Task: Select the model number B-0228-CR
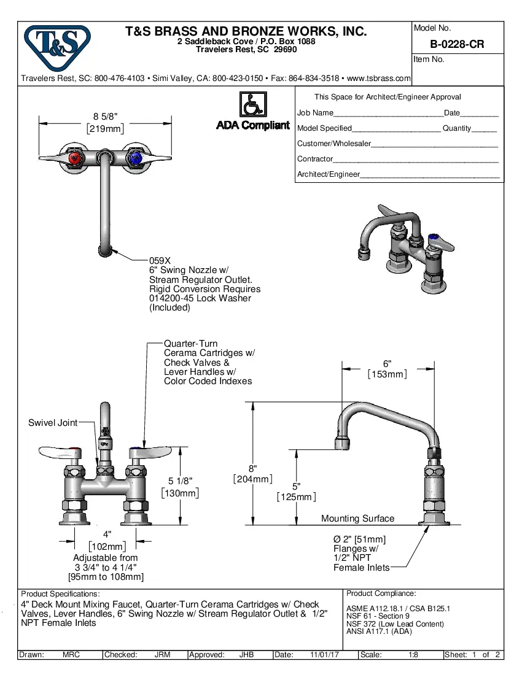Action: click(456, 45)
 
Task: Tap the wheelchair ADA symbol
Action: click(252, 104)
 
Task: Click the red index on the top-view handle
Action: click(75, 160)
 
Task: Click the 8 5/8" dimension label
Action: click(105, 116)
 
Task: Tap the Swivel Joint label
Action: click(53, 423)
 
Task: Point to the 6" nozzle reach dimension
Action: click(388, 363)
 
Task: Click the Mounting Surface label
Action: click(357, 519)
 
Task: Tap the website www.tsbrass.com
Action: click(379, 79)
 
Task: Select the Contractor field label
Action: click(315, 159)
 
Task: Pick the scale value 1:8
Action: click(413, 655)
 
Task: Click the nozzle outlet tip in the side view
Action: click(341, 444)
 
